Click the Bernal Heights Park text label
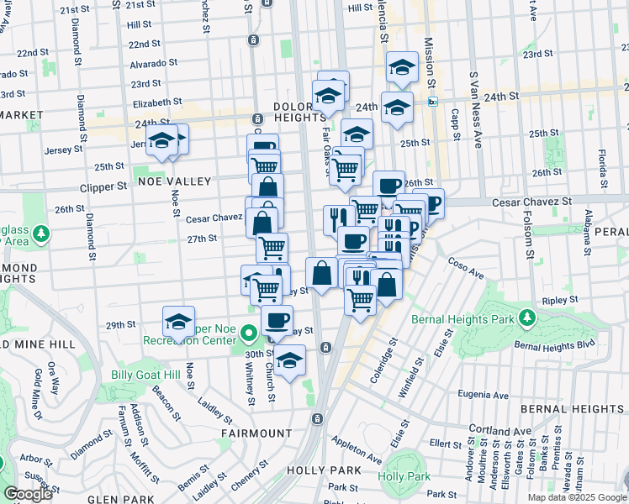tap(465, 319)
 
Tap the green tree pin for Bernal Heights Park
tap(526, 318)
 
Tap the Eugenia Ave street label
tap(483, 395)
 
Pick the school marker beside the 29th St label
tap(179, 322)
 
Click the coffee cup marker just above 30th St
tap(277, 320)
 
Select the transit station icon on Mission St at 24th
tap(433, 102)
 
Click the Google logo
tap(28, 494)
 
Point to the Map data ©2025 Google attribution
tap(576, 497)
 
